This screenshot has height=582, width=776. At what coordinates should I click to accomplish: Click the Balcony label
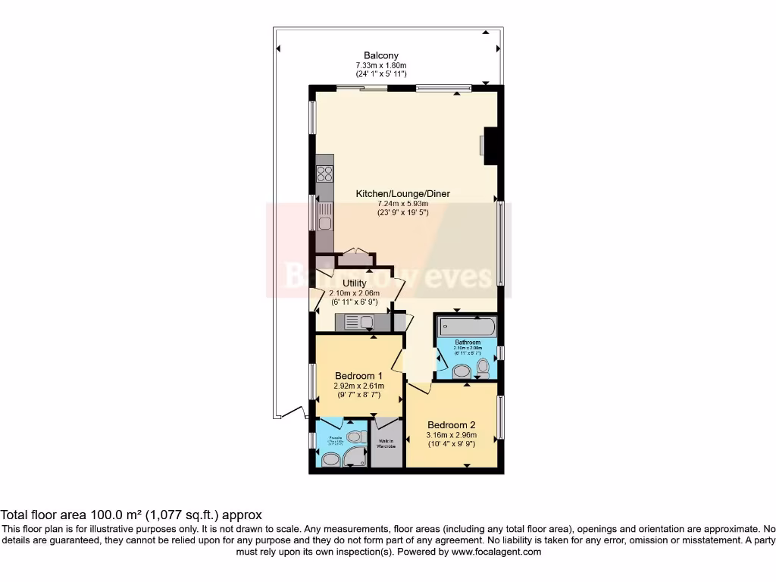pyautogui.click(x=381, y=55)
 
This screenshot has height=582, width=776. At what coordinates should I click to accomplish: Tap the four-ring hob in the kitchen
pyautogui.click(x=325, y=173)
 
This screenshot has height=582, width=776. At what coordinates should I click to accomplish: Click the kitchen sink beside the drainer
pyautogui.click(x=324, y=223)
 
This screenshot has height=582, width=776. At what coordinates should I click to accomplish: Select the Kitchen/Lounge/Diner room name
pyautogui.click(x=402, y=194)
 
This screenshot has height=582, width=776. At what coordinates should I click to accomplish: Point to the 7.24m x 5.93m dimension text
pyautogui.click(x=402, y=203)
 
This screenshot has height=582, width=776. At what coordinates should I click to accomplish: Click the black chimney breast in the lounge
pyautogui.click(x=493, y=145)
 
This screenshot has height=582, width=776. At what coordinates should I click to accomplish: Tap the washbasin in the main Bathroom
pyautogui.click(x=461, y=372)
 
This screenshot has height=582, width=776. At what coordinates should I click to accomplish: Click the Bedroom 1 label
pyautogui.click(x=358, y=376)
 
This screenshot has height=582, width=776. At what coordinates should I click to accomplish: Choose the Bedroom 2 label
pyautogui.click(x=451, y=425)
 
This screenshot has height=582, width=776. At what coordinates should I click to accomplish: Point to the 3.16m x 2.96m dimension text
pyautogui.click(x=451, y=435)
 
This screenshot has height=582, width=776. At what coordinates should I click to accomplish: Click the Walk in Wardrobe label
pyautogui.click(x=386, y=443)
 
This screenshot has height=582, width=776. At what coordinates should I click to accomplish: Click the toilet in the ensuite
pyautogui.click(x=330, y=459)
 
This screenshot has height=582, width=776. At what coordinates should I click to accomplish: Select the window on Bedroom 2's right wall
pyautogui.click(x=500, y=417)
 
